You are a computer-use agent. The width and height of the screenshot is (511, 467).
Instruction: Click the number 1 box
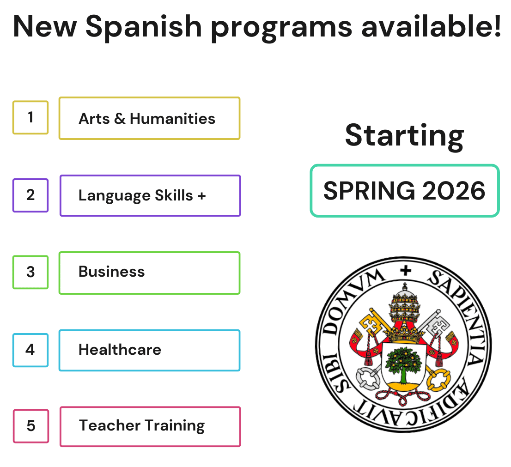click(30, 117)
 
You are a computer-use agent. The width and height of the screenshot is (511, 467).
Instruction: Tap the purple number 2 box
click(30, 195)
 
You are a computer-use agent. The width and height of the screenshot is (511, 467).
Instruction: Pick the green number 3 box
click(30, 272)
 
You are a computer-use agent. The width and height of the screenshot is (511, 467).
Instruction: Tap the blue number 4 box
click(30, 350)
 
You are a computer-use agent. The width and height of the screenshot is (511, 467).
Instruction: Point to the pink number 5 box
click(31, 426)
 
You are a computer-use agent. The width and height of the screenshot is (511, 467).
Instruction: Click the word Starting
click(404, 135)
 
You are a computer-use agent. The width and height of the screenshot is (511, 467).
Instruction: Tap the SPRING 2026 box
click(404, 190)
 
